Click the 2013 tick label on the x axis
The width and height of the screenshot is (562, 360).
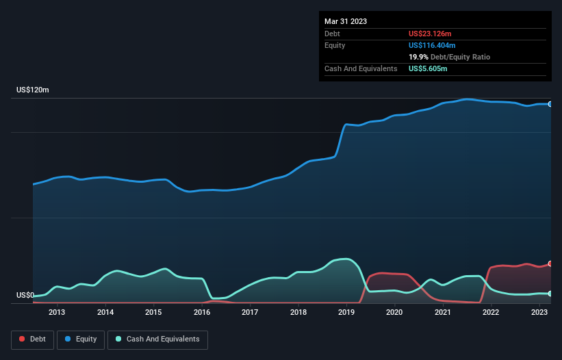pyautogui.click(x=57, y=313)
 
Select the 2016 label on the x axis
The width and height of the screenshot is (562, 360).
pyautogui.click(x=202, y=313)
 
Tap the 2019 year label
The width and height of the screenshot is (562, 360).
pyautogui.click(x=346, y=313)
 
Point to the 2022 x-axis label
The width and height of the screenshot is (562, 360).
pyautogui.click(x=491, y=313)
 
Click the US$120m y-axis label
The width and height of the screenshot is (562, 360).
pyautogui.click(x=33, y=90)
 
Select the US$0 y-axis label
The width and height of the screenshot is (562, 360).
pyautogui.click(x=25, y=296)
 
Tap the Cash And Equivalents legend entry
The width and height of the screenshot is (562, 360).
pyautogui.click(x=157, y=339)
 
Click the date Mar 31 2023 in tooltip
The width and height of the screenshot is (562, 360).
pyautogui.click(x=346, y=21)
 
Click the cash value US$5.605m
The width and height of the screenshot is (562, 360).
pyautogui.click(x=429, y=68)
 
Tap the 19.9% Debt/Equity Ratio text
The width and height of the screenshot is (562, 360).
pyautogui.click(x=449, y=57)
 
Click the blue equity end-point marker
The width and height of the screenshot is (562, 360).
pyautogui.click(x=550, y=104)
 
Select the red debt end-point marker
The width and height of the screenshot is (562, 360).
pyautogui.click(x=550, y=263)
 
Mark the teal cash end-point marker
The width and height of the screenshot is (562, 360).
pyautogui.click(x=550, y=294)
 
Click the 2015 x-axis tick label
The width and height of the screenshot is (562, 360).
pyautogui.click(x=153, y=313)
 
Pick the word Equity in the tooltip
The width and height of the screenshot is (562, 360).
pyautogui.click(x=335, y=45)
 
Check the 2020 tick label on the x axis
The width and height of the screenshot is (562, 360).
pyautogui.click(x=394, y=313)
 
